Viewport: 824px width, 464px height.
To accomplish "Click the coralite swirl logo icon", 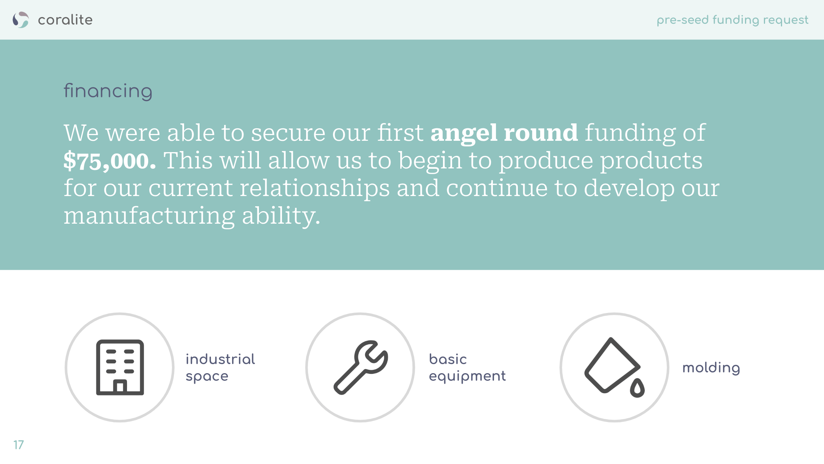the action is pyautogui.click(x=20, y=20).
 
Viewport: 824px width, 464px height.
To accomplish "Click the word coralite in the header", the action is pyautogui.click(x=65, y=20).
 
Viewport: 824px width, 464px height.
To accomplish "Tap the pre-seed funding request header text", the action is pyautogui.click(x=732, y=20).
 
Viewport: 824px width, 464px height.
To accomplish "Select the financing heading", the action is pyautogui.click(x=108, y=91).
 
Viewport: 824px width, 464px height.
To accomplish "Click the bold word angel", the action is pyautogui.click(x=464, y=133).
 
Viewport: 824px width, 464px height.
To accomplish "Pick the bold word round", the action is pyautogui.click(x=541, y=133).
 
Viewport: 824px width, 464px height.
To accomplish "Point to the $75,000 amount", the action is pyautogui.click(x=110, y=161).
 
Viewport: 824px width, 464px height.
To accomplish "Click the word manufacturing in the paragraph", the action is pyautogui.click(x=149, y=216).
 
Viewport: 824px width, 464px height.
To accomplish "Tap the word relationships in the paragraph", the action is pyautogui.click(x=314, y=188).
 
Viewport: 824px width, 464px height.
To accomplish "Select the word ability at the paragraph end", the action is pyautogui.click(x=281, y=216).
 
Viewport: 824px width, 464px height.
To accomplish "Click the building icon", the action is pyautogui.click(x=120, y=367).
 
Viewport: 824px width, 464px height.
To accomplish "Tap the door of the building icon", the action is pyautogui.click(x=120, y=386).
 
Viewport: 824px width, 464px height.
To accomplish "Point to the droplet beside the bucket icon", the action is pyautogui.click(x=637, y=388).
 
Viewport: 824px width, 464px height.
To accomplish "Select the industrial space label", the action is pyautogui.click(x=220, y=367).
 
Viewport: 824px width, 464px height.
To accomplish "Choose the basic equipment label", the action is pyautogui.click(x=467, y=367).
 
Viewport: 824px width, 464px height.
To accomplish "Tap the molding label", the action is pyautogui.click(x=711, y=368).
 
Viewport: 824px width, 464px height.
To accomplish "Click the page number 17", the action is pyautogui.click(x=19, y=445).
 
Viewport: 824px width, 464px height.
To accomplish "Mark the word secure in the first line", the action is pyautogui.click(x=288, y=133).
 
